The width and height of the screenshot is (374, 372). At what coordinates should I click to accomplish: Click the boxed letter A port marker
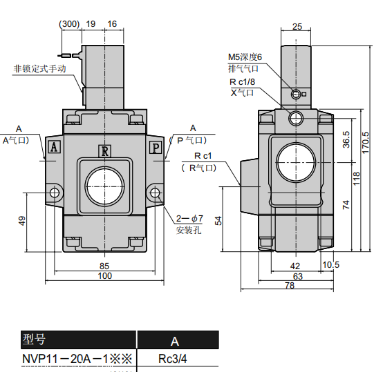point(54,146)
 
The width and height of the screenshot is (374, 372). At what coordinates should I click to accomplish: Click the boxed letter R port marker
point(104,151)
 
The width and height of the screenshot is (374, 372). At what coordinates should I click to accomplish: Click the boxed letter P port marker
point(156,146)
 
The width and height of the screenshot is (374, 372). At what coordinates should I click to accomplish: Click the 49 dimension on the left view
point(22,221)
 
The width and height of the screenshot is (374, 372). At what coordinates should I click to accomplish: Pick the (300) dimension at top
point(69,23)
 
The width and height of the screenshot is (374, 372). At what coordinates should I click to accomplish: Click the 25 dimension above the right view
point(297,27)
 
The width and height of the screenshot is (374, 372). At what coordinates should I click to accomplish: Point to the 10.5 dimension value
point(330,265)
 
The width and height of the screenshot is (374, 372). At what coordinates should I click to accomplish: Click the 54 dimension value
point(218,220)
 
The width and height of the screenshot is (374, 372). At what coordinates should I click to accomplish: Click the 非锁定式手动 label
point(39,69)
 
